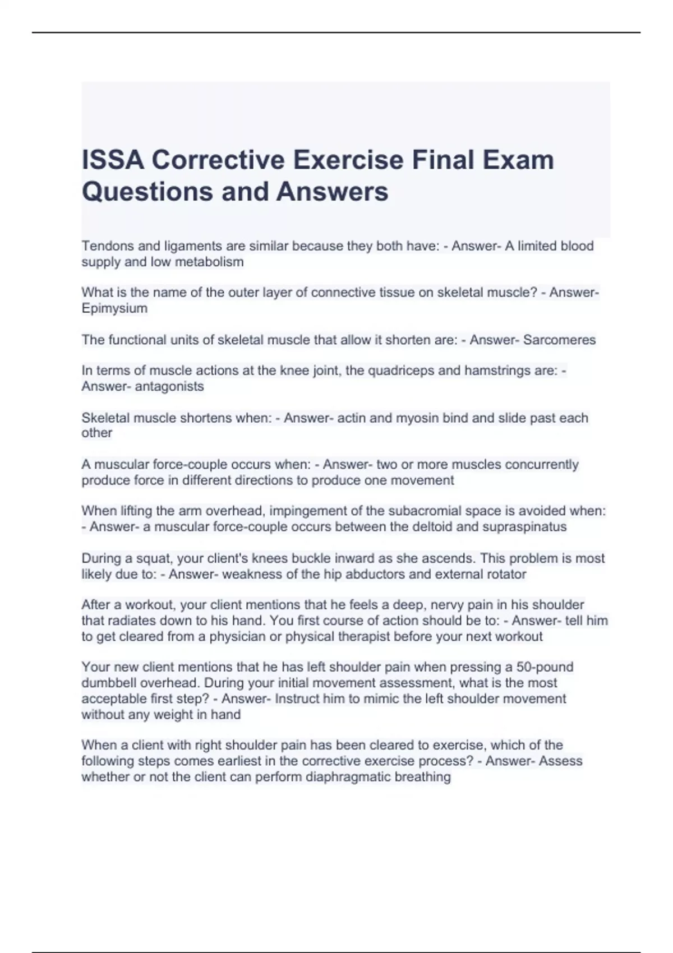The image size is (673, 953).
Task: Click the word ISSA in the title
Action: [113, 160]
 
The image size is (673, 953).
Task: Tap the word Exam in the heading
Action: [518, 160]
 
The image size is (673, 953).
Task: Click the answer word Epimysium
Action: [114, 308]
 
